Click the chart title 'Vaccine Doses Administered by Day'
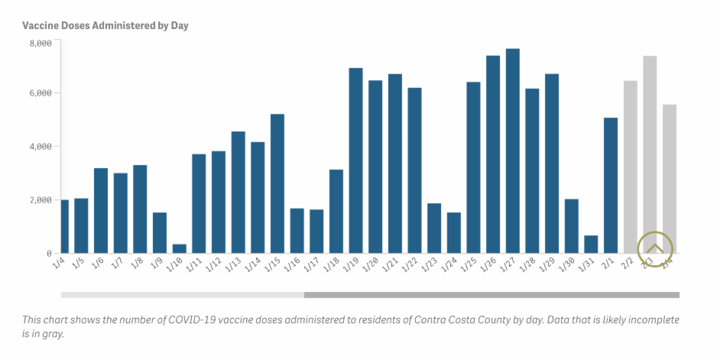pos(105,25)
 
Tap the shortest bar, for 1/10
pos(180,248)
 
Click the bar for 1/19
pos(355,161)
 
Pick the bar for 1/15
pos(277,183)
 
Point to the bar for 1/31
pos(591,244)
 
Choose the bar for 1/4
pos(64,226)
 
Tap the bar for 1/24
pos(453,232)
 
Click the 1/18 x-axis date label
pos(333,265)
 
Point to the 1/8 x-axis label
pos(138,264)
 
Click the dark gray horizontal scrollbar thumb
pos(492,294)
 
